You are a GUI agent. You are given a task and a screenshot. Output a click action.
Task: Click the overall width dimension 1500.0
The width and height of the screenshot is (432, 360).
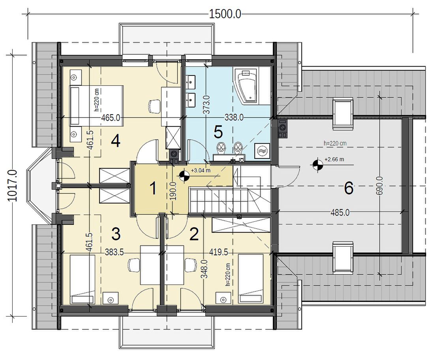[225, 14]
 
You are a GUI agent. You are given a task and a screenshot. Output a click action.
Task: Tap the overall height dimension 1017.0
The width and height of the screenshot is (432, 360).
[12, 185]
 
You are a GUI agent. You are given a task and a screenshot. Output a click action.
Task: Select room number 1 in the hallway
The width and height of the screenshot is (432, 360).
[153, 189]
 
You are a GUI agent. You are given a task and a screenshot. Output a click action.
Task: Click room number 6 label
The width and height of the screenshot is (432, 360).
[349, 188]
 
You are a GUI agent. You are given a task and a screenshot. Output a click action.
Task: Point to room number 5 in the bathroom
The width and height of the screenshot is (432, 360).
[218, 132]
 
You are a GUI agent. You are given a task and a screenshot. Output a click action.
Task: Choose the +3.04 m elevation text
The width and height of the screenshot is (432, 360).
[201, 170]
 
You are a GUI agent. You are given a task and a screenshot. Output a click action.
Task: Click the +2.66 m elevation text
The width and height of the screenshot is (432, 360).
[334, 159]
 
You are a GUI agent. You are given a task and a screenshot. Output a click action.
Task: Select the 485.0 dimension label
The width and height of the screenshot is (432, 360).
[340, 213]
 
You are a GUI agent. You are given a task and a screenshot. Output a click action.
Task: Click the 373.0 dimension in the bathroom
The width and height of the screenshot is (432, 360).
[207, 104]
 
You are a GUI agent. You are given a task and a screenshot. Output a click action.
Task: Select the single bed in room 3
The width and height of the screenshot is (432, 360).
[83, 279]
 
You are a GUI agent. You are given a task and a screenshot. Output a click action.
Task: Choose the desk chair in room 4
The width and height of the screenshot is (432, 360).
[154, 106]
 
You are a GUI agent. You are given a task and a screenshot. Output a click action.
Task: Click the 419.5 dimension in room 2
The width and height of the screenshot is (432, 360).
[218, 252]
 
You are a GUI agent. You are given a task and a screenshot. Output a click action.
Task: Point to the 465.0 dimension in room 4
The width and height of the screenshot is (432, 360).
[111, 118]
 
